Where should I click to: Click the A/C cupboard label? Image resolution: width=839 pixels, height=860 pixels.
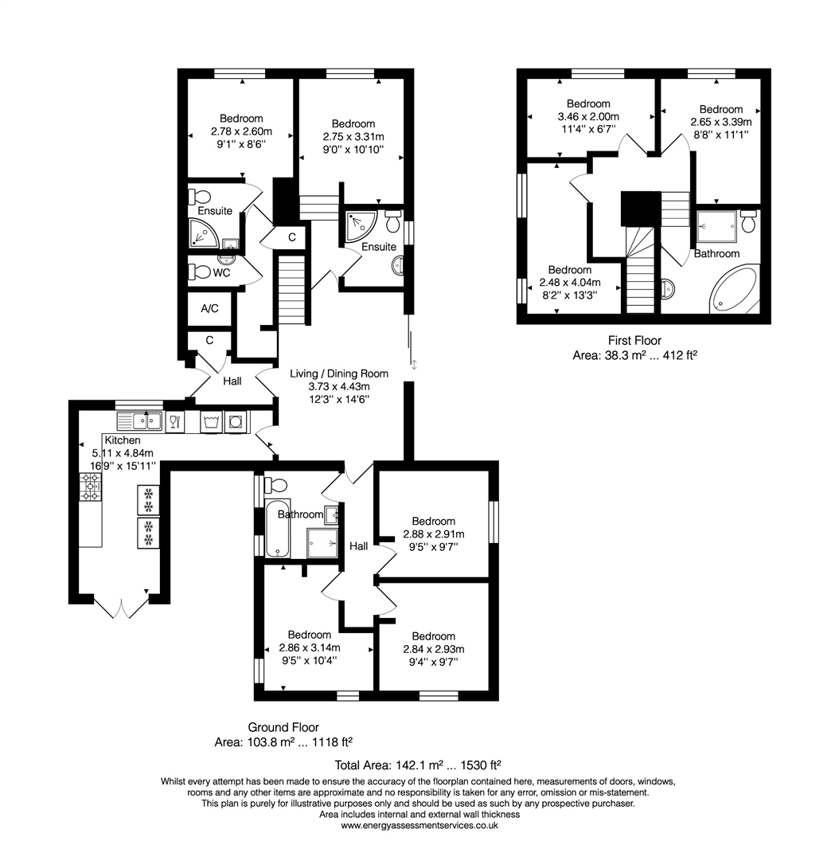[210, 309]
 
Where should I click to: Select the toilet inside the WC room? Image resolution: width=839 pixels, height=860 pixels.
[201, 272]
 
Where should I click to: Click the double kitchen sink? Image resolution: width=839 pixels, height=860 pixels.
[139, 420]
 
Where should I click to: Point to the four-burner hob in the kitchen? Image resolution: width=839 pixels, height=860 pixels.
[90, 487]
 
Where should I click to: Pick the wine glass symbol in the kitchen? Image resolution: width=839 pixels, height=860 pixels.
[176, 421]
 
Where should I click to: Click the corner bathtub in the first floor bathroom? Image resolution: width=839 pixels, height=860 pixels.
[733, 291]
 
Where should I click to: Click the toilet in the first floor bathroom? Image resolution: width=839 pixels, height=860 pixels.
[748, 222]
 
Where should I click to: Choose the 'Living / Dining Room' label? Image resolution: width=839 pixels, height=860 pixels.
[338, 373]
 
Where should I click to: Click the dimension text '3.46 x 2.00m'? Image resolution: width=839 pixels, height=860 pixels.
[588, 116]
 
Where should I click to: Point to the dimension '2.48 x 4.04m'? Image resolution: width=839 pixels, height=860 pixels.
[569, 283]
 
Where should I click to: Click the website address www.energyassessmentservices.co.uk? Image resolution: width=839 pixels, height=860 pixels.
[419, 826]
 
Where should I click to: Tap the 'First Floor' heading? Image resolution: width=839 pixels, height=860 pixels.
[634, 341]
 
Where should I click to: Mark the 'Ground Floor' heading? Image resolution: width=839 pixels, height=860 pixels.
[283, 727]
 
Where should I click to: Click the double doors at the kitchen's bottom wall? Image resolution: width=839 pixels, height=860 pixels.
[119, 608]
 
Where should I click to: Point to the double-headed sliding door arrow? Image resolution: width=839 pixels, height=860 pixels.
[414, 365]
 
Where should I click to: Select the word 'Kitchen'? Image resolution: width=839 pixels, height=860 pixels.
[122, 440]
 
